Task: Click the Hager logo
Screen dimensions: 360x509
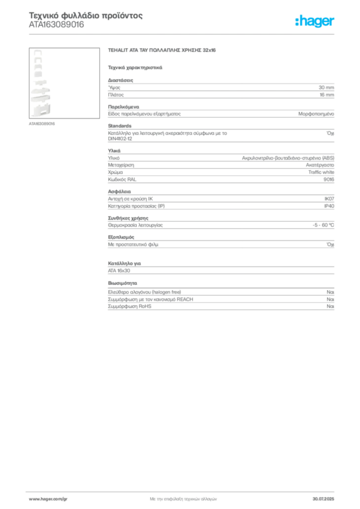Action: tap(315, 21)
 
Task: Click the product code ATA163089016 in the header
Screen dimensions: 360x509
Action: tap(57, 25)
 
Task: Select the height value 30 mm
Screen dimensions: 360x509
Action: tap(326, 87)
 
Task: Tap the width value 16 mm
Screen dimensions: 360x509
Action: tap(327, 95)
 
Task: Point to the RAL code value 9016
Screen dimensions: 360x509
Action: tap(329, 179)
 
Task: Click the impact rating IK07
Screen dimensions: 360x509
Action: tap(329, 199)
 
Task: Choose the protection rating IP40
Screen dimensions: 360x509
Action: tap(329, 206)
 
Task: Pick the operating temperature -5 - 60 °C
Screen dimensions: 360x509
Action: tap(323, 225)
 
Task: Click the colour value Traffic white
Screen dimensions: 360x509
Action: tap(321, 172)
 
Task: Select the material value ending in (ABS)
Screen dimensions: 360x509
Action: tap(288, 158)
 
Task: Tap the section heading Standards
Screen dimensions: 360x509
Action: tap(120, 126)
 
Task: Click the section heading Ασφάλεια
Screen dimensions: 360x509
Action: tap(119, 191)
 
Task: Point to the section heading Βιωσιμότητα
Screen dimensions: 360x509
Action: tap(123, 283)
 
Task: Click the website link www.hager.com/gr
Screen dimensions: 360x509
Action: tap(48, 499)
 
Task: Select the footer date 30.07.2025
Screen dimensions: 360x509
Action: tap(323, 499)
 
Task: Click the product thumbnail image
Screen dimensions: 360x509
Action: tap(64, 83)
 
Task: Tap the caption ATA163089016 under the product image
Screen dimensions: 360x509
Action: tap(42, 124)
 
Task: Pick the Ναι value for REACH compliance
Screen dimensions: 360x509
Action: tap(330, 299)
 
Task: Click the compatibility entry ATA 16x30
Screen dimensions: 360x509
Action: tap(119, 271)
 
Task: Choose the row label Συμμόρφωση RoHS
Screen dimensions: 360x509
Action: tap(130, 306)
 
